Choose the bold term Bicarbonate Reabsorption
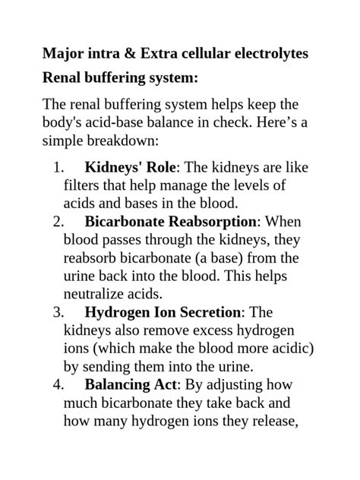[172, 222]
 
